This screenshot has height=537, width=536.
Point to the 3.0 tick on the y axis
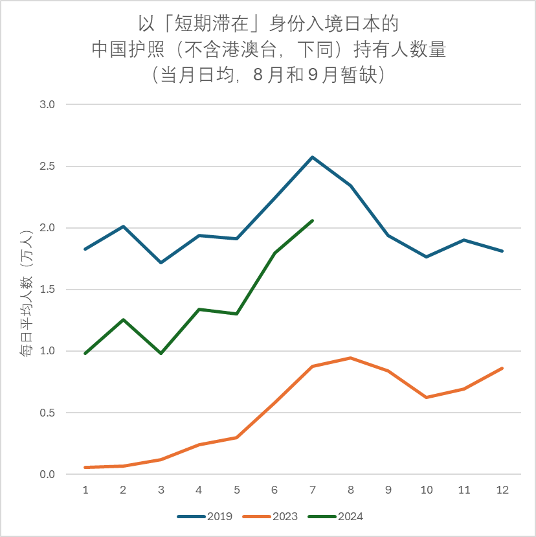48,104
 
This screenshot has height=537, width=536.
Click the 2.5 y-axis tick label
48,166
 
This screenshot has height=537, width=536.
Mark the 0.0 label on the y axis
48,475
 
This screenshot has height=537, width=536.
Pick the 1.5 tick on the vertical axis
48,290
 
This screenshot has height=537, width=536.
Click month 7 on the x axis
312,490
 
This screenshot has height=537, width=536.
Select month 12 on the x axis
502,490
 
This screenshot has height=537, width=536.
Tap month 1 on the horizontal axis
85,490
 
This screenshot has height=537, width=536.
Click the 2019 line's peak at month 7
312,157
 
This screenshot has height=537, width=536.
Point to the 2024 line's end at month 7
313,221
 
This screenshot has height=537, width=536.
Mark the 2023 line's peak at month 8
350,358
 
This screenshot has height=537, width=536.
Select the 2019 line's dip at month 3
161,262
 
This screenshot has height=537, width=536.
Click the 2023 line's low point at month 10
426,397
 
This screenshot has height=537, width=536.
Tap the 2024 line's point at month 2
123,319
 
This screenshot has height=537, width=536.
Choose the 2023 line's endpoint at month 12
502,368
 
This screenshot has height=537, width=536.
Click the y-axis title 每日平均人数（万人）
26,293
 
